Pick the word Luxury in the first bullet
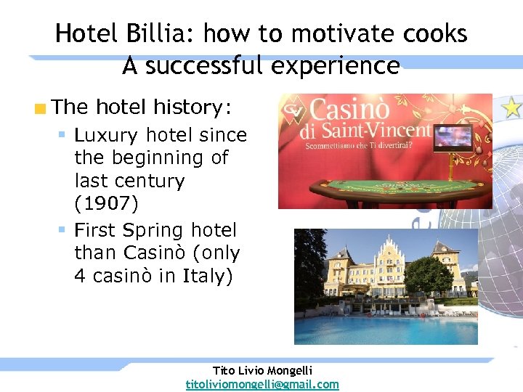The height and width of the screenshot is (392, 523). [x=106, y=135]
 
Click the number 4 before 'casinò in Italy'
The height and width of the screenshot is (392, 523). [x=81, y=277]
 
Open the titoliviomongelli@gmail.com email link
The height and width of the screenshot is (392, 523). [x=262, y=384]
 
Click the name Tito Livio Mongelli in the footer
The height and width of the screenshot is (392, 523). [x=262, y=370]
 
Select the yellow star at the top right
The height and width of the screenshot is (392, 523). [x=512, y=108]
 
